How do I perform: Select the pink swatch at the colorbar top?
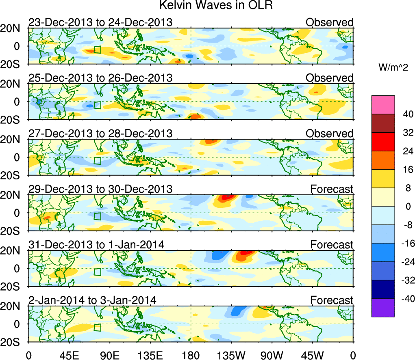tap(382, 105)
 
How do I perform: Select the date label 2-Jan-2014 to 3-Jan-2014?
tap(92, 300)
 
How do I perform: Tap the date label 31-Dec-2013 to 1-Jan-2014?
tap(96, 245)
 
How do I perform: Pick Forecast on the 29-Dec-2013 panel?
tap(332, 189)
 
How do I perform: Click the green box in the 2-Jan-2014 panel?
tap(97, 328)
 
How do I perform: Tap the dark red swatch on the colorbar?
tap(382, 123)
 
